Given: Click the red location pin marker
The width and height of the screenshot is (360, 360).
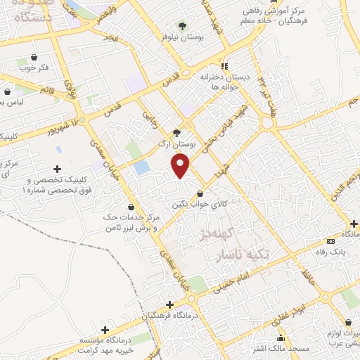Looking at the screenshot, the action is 181,165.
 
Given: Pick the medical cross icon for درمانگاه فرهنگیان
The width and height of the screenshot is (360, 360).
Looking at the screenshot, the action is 169,305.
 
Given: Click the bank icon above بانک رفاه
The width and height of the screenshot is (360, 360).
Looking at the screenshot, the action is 351,242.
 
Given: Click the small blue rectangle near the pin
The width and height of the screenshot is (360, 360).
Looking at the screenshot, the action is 141,168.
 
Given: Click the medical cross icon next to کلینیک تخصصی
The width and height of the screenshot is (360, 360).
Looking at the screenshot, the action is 57,169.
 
